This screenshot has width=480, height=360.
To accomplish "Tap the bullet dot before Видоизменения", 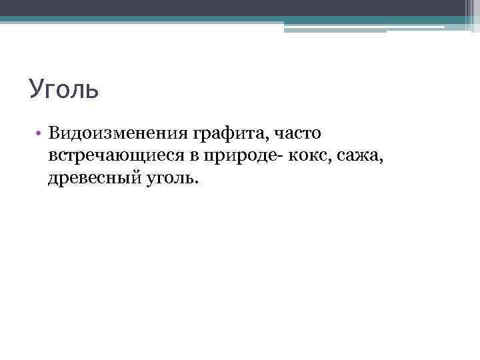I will tap(40, 133).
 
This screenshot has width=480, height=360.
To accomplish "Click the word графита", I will tap(229, 134).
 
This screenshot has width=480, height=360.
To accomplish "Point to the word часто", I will tap(297, 133).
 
